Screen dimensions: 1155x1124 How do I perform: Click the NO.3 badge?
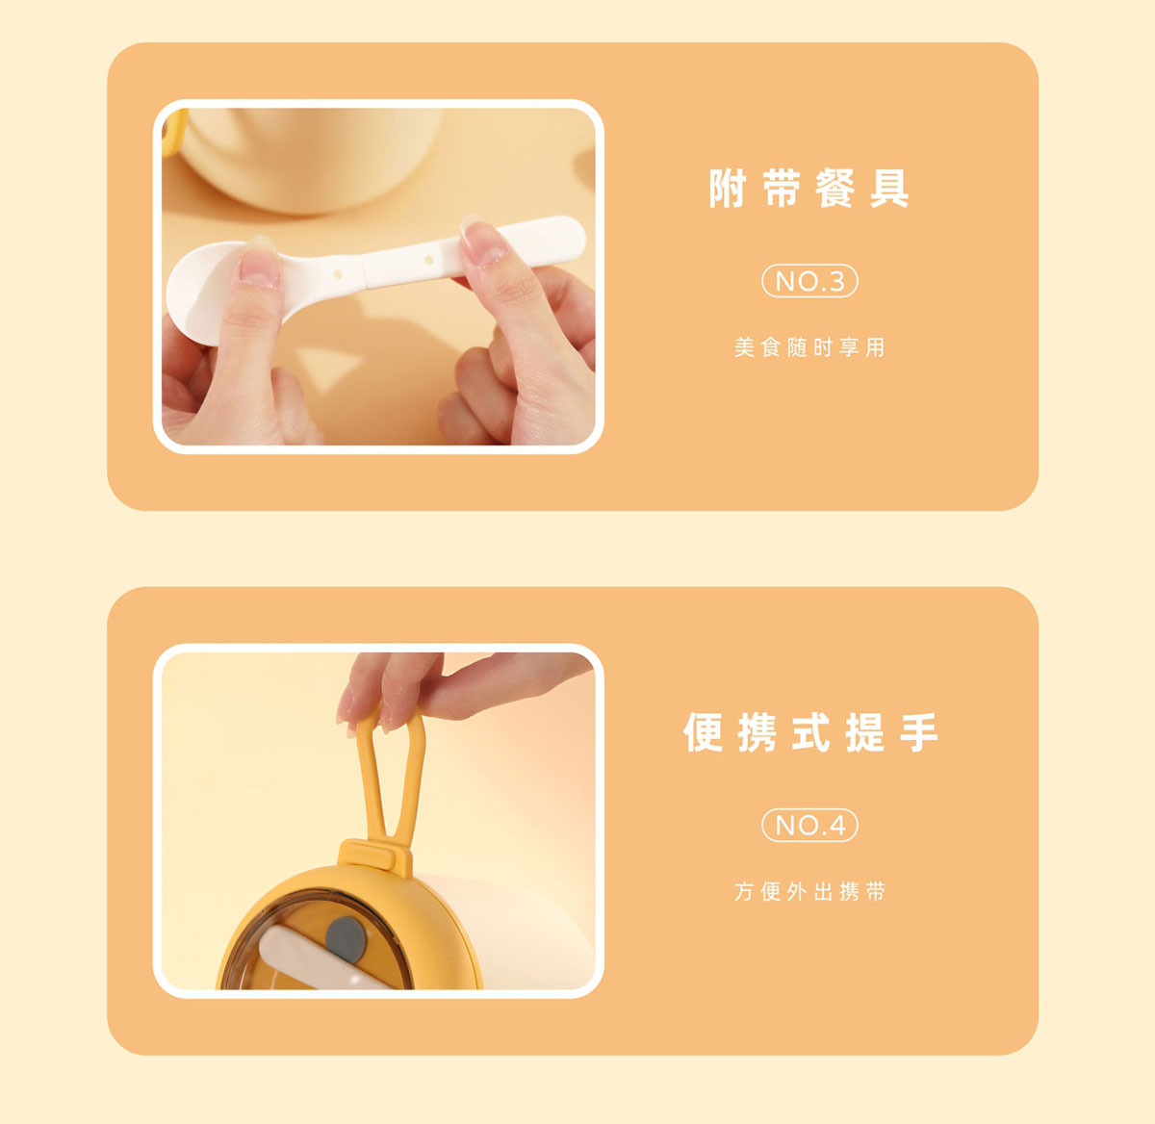coord(809,281)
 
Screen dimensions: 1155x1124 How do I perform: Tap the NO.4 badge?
coord(809,825)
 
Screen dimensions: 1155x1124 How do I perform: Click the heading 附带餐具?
coord(808,189)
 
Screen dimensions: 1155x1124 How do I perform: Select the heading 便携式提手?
coord(810,732)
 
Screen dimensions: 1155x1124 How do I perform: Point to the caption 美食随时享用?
coord(809,347)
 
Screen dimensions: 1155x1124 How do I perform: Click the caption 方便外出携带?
coord(809,891)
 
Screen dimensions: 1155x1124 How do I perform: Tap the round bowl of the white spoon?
coord(202,292)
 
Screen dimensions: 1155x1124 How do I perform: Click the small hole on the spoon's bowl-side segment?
coord(338,274)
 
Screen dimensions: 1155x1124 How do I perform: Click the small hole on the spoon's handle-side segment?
coord(428,260)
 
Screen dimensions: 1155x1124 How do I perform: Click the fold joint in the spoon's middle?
coord(363,270)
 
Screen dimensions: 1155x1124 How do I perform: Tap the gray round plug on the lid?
coord(346,940)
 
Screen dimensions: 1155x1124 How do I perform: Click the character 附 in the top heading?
coord(729,189)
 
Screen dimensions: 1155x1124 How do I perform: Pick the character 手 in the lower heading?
coord(919,732)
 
